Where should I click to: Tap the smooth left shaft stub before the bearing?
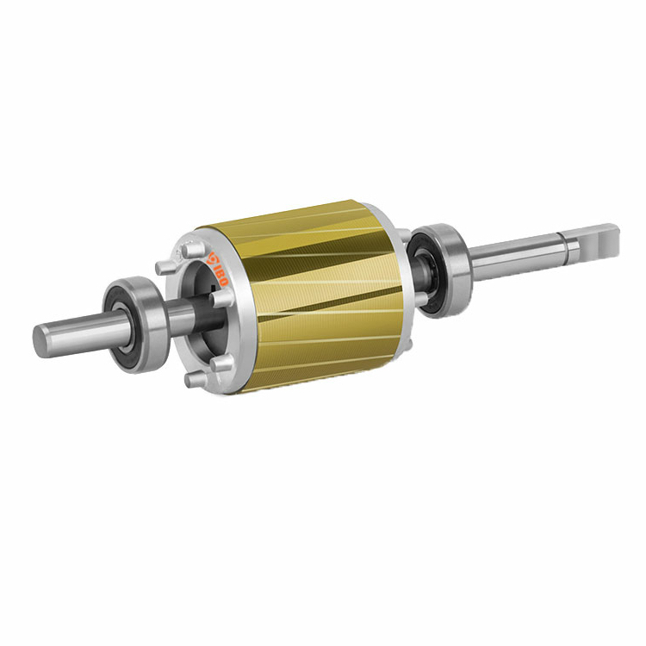click(x=78, y=332)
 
